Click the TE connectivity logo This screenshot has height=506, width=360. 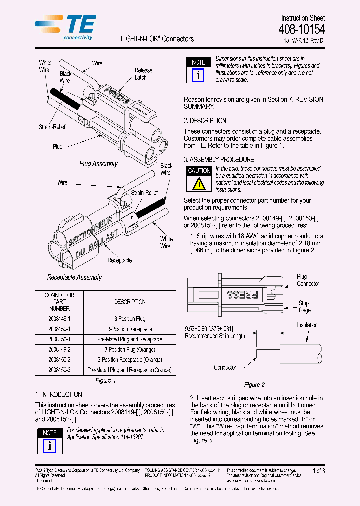tap(66, 27)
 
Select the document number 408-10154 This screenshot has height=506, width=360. tap(301, 30)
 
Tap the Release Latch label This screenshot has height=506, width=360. tap(143, 74)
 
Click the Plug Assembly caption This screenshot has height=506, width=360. tap(98, 164)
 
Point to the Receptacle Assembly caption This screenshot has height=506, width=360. tap(74, 277)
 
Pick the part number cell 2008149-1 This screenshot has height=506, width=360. tap(59, 319)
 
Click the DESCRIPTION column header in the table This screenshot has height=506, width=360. tap(130, 302)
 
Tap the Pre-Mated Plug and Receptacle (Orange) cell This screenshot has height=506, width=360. tap(130, 370)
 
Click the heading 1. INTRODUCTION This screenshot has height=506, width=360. tap(59, 394)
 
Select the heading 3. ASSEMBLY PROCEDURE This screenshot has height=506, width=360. tap(219, 160)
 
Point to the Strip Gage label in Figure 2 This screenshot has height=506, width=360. tap(304, 307)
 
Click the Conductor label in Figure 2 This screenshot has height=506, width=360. tap(225, 367)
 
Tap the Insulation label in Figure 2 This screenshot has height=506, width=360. tap(307, 325)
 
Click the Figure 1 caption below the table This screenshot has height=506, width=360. tap(105, 381)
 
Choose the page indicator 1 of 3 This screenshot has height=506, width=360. tap(318, 471)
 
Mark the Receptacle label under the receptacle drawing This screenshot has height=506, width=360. tap(120, 260)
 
